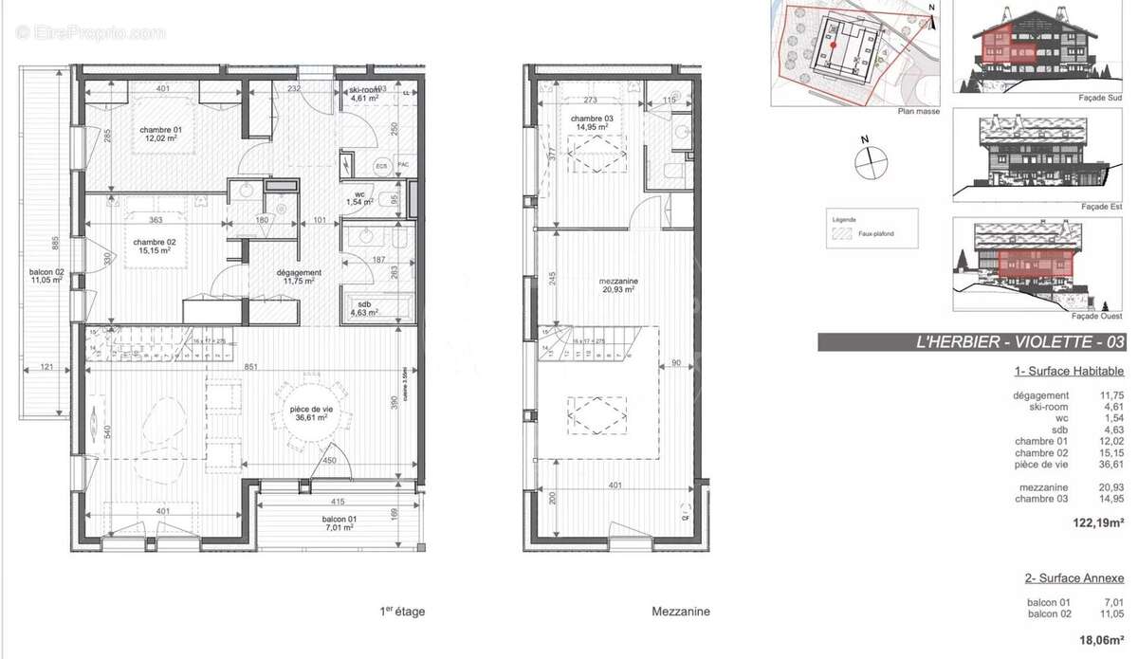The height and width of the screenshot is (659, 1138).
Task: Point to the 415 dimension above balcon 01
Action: (x=337, y=502)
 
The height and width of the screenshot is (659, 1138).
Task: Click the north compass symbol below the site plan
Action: (x=868, y=162)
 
